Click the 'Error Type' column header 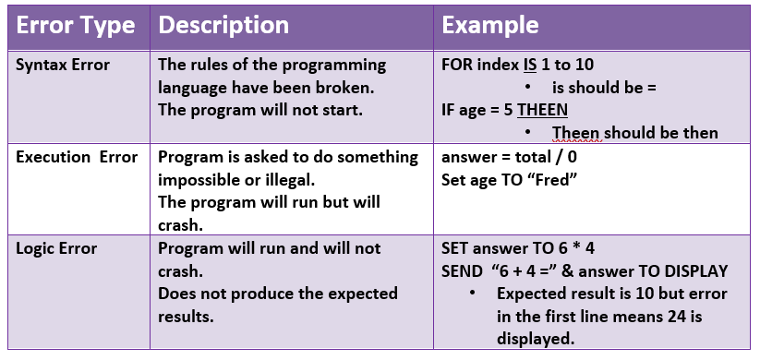76,26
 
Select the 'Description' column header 223,26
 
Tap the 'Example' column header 490,26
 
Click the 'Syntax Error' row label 63,66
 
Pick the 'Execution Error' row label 77,158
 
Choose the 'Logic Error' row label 56,249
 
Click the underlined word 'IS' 530,66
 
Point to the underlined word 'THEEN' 542,111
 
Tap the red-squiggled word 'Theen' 576,133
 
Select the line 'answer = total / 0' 509,158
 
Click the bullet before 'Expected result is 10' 472,294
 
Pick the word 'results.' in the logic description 187,317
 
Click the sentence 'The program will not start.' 260,111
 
